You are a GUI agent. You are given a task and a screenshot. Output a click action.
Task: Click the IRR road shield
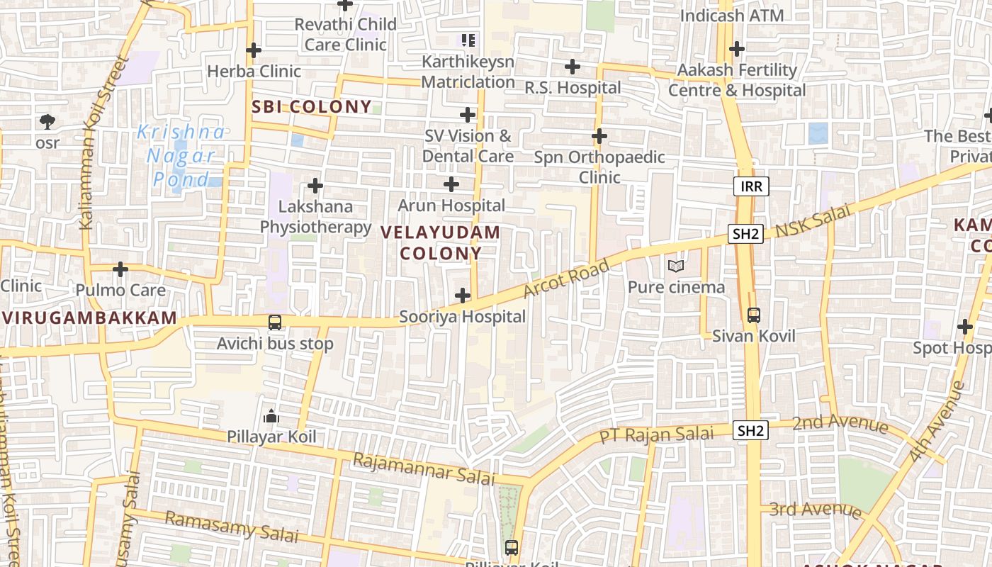[750, 186]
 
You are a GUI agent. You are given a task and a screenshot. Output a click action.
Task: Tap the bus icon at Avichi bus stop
[275, 322]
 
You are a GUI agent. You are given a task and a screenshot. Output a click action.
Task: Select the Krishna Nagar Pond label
[181, 155]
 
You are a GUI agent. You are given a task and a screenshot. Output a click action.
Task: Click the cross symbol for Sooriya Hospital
[463, 296]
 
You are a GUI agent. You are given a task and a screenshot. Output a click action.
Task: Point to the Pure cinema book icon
[676, 266]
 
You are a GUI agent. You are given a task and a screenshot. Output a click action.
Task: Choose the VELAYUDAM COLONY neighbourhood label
[441, 242]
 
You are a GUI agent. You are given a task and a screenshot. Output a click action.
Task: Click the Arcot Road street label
[566, 279]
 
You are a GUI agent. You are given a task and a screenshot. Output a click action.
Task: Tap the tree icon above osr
[47, 122]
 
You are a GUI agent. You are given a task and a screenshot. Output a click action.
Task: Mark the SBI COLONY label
[312, 107]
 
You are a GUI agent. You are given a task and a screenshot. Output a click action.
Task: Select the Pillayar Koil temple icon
[271, 416]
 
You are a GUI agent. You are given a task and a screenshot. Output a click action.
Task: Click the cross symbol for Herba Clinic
[253, 50]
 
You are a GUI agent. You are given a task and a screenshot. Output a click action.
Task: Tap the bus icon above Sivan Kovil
[754, 315]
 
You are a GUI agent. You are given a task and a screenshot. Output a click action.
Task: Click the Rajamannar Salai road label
[424, 469]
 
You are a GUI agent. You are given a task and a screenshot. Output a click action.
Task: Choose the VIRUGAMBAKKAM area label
[89, 318]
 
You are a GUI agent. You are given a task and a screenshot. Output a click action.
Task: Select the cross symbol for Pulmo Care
[120, 269]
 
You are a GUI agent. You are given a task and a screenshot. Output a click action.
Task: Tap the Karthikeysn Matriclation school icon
[468, 40]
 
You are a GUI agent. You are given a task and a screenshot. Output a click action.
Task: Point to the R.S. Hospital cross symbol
[572, 67]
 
